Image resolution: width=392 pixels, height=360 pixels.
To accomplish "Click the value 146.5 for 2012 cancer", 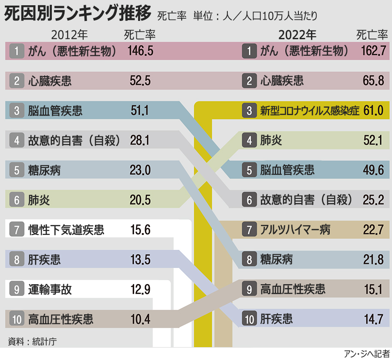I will [x=140, y=51].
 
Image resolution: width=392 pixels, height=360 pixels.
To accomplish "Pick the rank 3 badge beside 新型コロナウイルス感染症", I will [x=249, y=111].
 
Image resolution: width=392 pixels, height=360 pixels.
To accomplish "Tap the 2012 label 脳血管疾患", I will [x=55, y=111].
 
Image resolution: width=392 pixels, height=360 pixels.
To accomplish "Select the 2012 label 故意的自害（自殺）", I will [x=74, y=140].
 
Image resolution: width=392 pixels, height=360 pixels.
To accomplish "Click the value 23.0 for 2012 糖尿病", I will [x=140, y=170].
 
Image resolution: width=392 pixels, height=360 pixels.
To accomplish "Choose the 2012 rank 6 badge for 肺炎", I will [x=17, y=200].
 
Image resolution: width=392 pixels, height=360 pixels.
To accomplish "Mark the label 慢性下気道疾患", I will [x=66, y=230].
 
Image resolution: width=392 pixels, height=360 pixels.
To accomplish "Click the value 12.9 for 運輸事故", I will [x=140, y=289].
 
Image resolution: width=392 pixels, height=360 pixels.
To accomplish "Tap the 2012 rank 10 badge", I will [x=17, y=319].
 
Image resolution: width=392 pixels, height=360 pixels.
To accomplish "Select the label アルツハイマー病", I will [x=295, y=230].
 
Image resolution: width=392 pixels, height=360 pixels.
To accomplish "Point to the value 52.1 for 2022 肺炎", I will [x=374, y=140].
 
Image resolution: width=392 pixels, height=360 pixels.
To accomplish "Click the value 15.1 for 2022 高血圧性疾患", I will [x=374, y=289].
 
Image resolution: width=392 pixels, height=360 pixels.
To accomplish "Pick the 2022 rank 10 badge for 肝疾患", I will [x=249, y=319].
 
